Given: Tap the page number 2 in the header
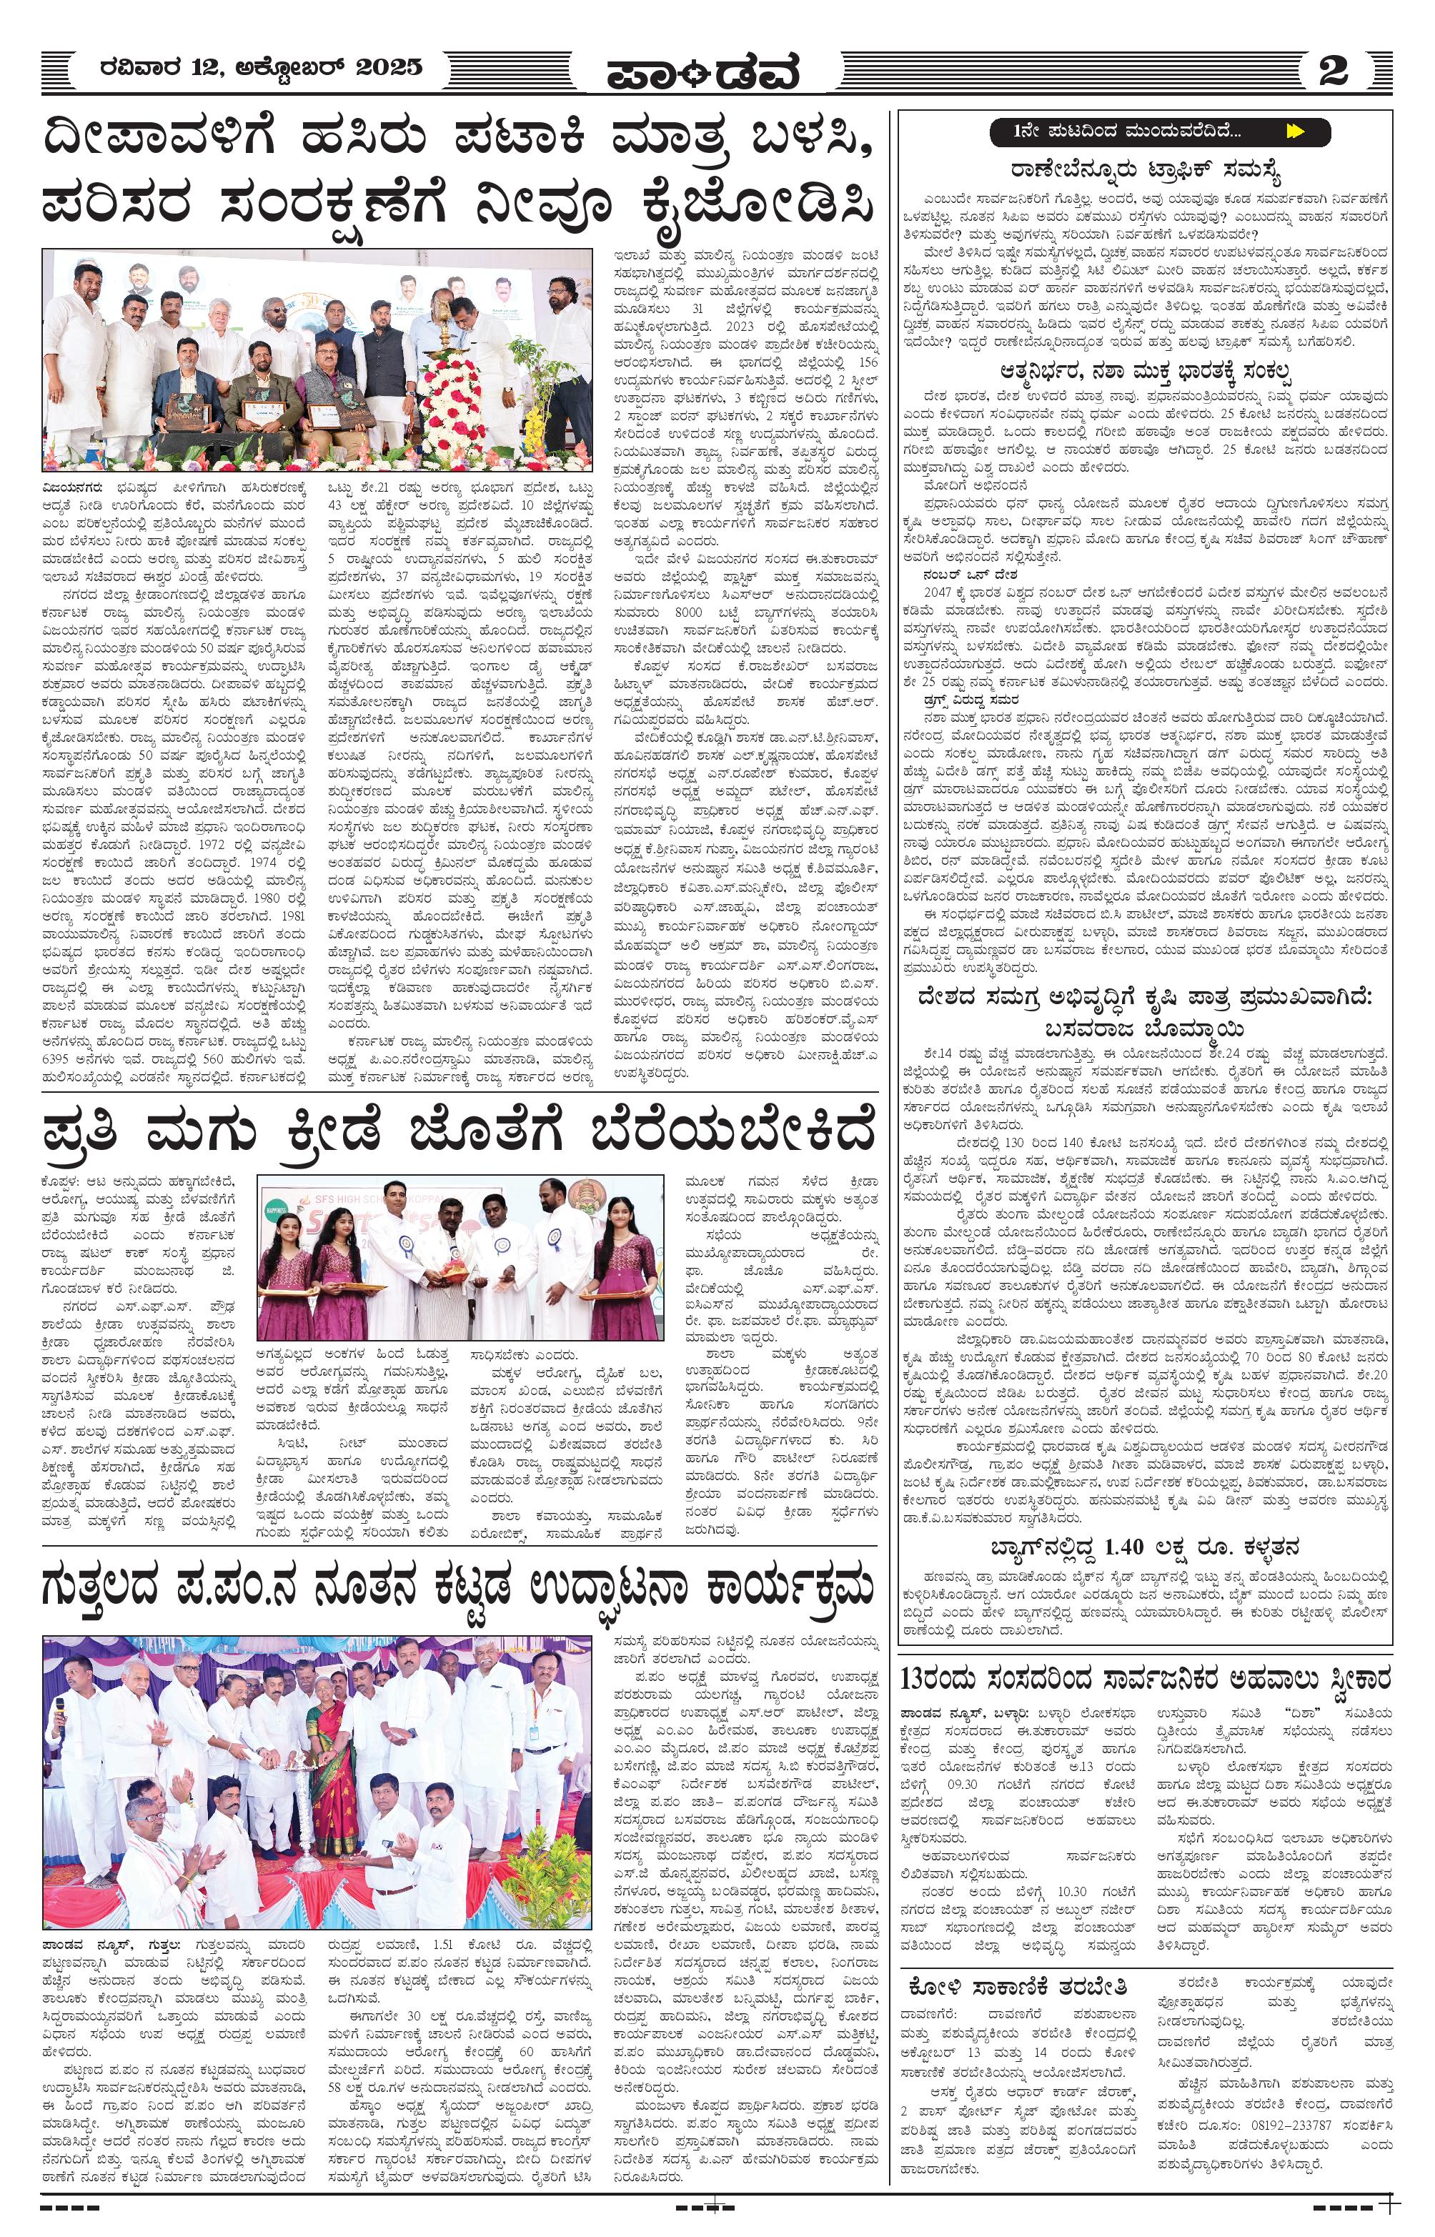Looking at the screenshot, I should point(1333,71).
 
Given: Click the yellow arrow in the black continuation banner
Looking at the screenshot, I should point(1294,132).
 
